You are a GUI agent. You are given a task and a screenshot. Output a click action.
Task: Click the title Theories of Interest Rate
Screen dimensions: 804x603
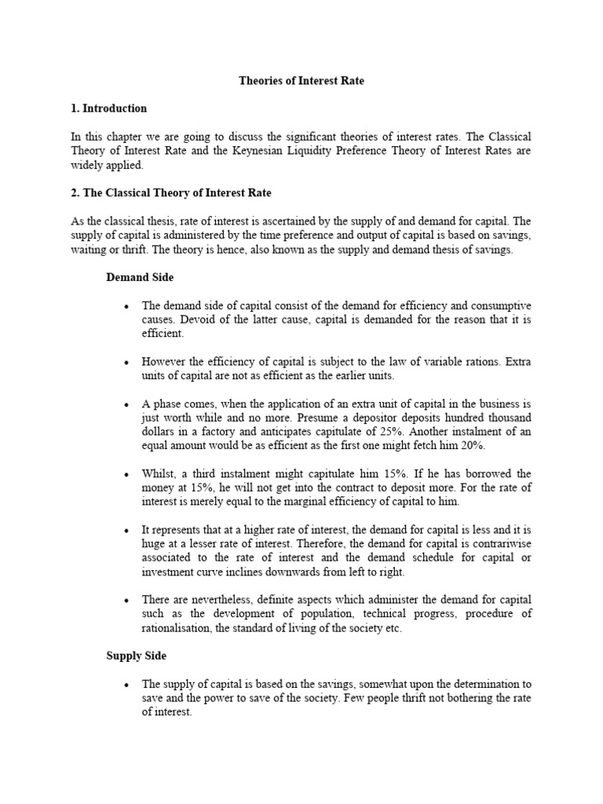click(x=301, y=81)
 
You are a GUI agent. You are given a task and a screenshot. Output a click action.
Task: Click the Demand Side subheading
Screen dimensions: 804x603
click(x=140, y=277)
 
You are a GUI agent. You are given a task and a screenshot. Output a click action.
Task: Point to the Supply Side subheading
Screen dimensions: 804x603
click(x=136, y=656)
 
